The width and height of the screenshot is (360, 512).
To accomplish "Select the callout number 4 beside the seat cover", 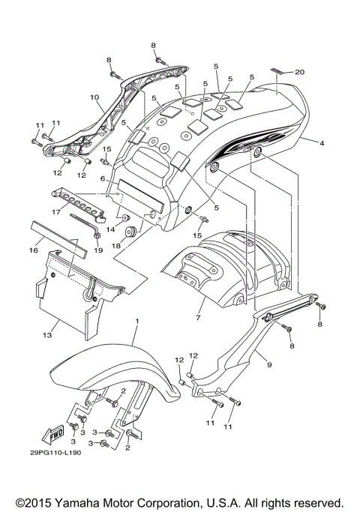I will click(x=322, y=142).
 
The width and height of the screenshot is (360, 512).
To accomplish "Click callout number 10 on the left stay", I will click(x=94, y=97).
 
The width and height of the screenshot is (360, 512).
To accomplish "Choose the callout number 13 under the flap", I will click(x=47, y=335).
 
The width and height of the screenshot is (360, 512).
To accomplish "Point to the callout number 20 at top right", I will click(x=299, y=72).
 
